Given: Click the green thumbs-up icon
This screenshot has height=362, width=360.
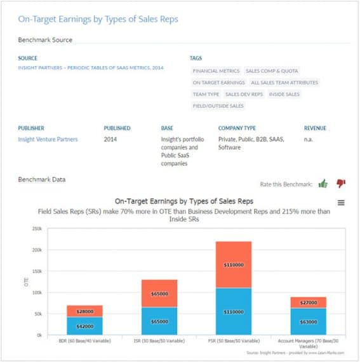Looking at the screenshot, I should (323, 184).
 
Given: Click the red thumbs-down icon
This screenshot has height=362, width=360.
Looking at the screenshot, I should (340, 184).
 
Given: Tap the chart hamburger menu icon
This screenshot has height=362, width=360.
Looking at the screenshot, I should (341, 203).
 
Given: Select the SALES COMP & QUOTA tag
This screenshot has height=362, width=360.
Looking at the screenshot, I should (272, 71).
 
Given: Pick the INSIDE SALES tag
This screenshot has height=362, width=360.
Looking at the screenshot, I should (284, 94).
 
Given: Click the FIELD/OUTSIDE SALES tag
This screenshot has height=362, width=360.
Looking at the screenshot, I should (218, 105).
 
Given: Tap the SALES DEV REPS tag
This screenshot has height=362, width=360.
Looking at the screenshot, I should (244, 94).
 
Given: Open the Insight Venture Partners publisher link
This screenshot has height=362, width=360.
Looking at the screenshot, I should (48, 139).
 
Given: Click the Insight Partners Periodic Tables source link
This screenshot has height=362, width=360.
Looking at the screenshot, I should (91, 67).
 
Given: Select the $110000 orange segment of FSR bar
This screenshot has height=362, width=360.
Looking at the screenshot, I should (234, 265).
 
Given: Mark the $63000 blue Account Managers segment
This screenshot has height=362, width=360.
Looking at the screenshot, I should (309, 321).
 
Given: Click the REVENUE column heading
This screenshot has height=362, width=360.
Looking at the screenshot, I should (315, 128).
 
